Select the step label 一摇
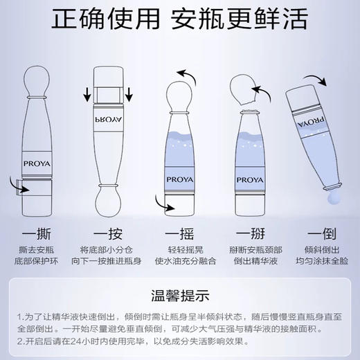(179, 234)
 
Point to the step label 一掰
(250, 234)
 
